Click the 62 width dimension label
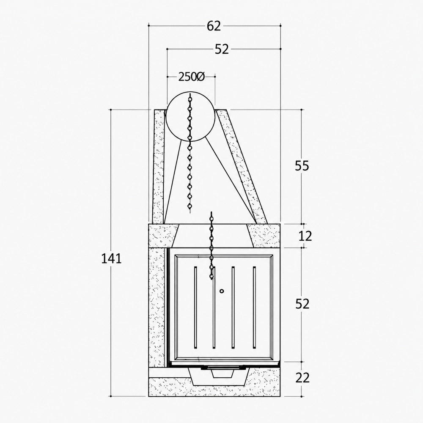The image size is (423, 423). pos(214,26)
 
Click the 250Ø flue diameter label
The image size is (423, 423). pos(192,77)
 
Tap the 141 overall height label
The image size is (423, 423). pos(111,258)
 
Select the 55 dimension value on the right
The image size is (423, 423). pos(302,165)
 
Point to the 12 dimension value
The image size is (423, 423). pos(305,236)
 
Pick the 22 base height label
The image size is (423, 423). pos(302,378)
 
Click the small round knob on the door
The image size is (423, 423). pos(222,291)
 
